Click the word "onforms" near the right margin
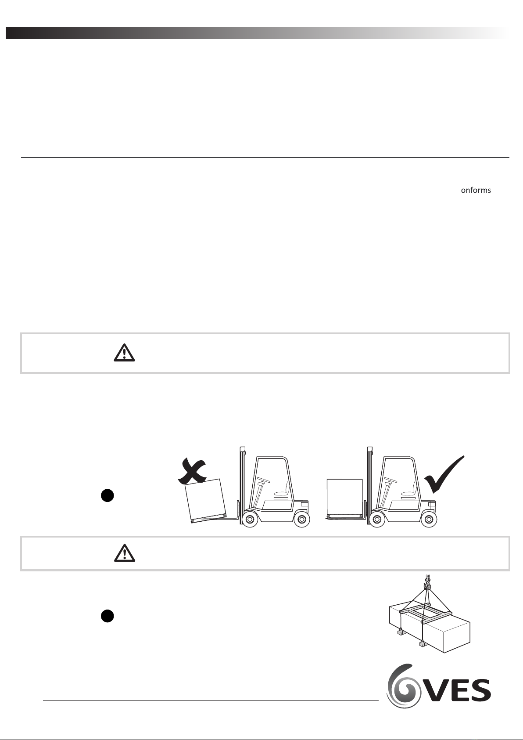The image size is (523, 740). (x=476, y=190)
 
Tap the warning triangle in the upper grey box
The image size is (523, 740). (x=125, y=353)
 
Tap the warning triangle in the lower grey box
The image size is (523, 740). (x=125, y=552)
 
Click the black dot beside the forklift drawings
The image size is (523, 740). (x=107, y=496)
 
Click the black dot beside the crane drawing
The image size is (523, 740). (x=107, y=616)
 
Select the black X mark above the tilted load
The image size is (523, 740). (x=192, y=470)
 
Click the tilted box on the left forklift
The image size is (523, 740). (x=206, y=501)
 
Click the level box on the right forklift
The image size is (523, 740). (x=344, y=498)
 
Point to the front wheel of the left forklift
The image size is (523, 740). (x=249, y=520)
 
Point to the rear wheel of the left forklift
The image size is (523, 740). (x=301, y=520)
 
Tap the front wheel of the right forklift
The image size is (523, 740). (x=376, y=520)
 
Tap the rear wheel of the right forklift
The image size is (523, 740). (x=429, y=520)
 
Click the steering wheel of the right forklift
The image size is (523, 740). (x=390, y=479)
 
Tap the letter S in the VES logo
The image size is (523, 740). (x=480, y=690)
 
